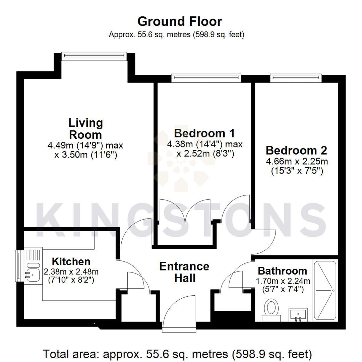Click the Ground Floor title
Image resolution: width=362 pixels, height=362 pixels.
(180, 21)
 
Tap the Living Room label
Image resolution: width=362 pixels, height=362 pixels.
(85, 128)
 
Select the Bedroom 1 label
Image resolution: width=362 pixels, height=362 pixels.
(204, 133)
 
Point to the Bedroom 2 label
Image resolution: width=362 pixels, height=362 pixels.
(296, 149)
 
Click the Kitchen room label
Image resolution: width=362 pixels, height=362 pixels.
(71, 261)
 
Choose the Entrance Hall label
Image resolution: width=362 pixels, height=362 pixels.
(184, 272)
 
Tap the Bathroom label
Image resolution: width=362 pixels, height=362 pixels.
(282, 270)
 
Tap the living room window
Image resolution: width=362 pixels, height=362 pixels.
(94, 56)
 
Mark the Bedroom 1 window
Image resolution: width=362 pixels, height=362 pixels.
(206, 78)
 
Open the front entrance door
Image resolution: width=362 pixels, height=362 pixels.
(179, 315)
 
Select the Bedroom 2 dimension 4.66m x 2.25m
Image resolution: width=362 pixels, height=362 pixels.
(296, 162)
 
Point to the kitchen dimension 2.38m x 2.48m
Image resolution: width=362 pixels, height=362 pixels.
(71, 271)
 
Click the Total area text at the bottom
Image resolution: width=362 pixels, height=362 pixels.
(178, 353)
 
